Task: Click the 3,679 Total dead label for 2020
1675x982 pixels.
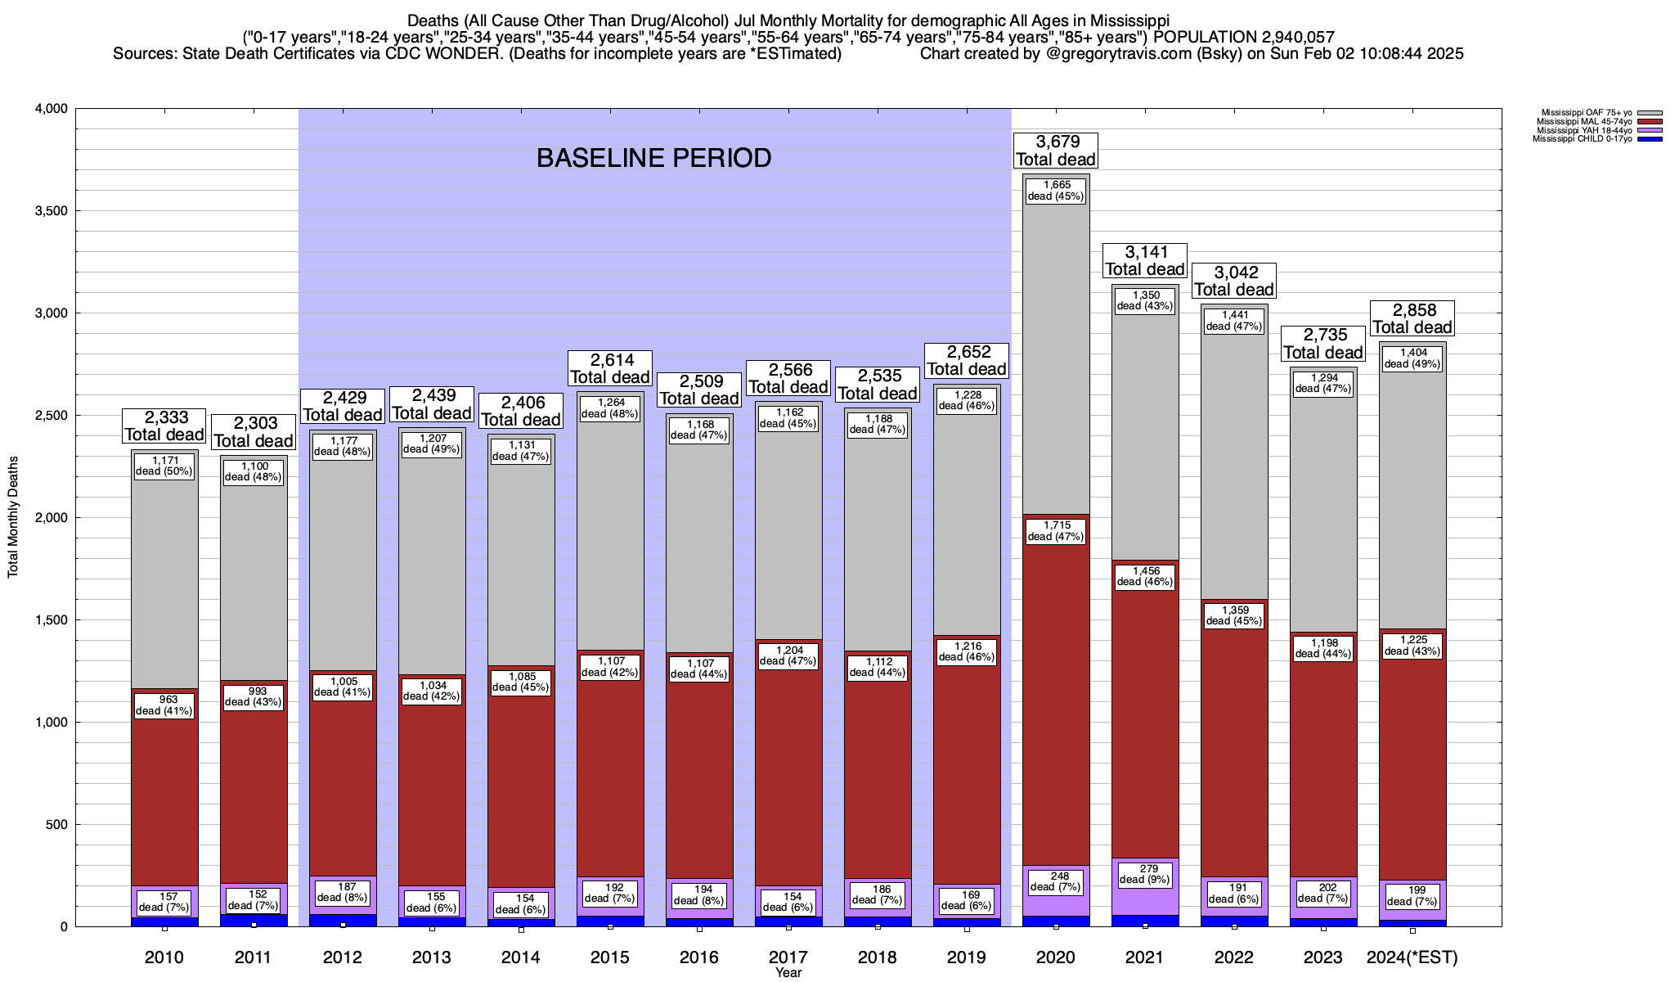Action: [1055, 151]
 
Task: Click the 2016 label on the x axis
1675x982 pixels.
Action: [699, 957]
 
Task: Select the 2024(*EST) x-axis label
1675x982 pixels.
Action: [1412, 957]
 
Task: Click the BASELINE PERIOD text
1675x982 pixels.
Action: [654, 158]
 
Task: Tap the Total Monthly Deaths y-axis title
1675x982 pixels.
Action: [13, 517]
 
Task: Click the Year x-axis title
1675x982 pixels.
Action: [788, 973]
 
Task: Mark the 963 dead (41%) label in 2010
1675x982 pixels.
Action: [164, 705]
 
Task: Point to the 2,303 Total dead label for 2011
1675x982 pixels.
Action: [253, 432]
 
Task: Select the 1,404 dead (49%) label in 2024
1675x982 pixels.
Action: [1412, 358]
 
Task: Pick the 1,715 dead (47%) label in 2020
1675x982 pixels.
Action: [1055, 530]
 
